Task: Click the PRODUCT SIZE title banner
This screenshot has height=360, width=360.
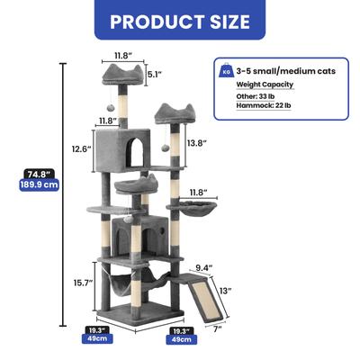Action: pos(180,20)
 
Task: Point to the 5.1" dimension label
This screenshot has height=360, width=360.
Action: pos(154,76)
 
